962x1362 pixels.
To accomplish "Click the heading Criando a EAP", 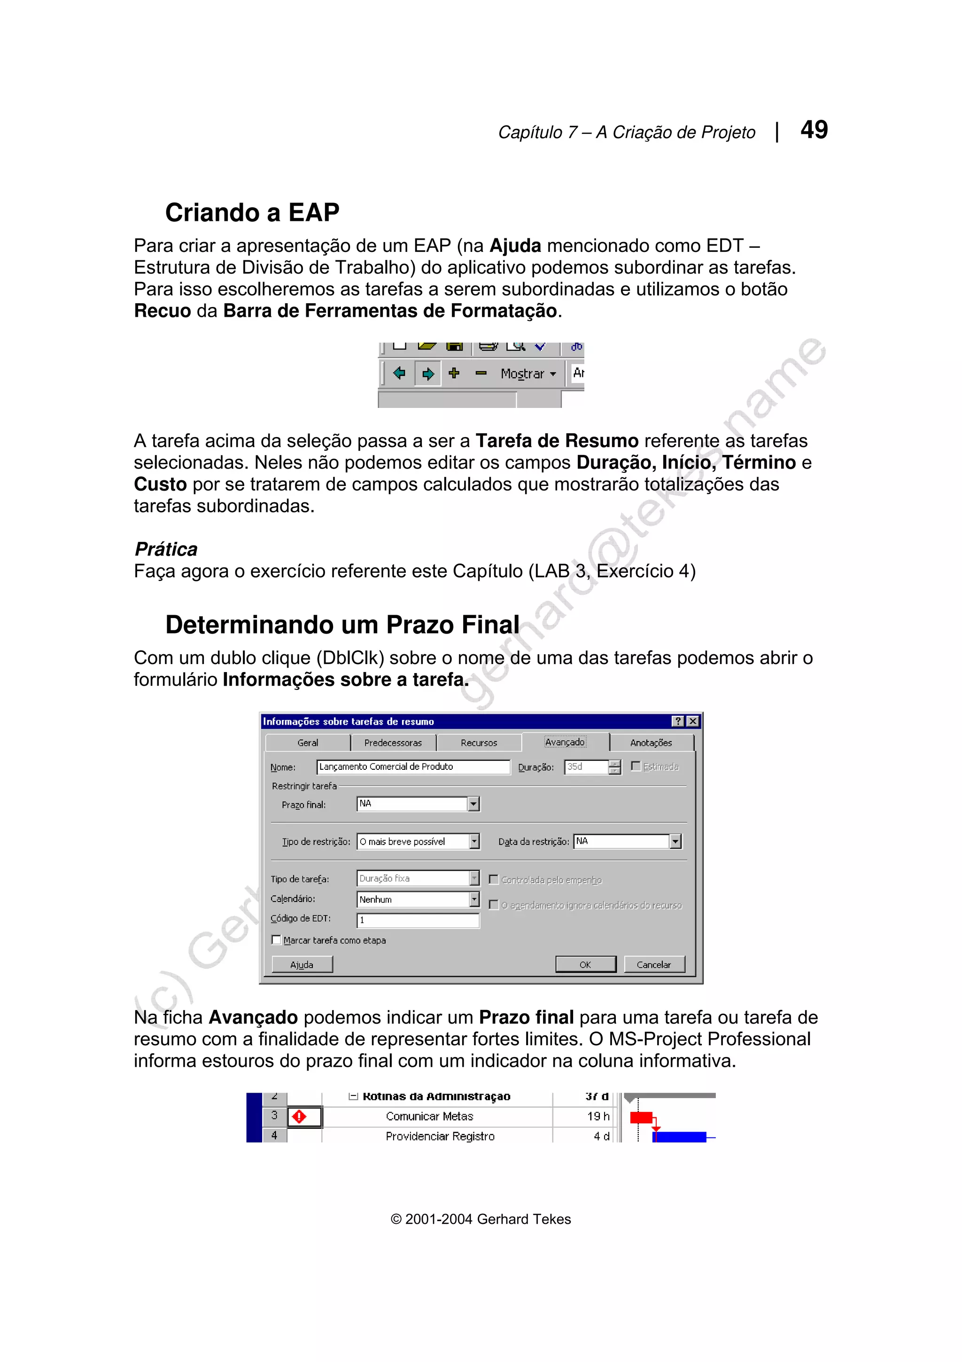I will (252, 212).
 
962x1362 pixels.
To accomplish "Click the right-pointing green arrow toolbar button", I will (427, 374).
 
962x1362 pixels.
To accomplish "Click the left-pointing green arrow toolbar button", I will (399, 373).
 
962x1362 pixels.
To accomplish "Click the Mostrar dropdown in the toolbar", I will (528, 374).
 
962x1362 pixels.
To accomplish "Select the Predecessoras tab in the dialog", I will (393, 743).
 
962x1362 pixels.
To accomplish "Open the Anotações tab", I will (651, 743).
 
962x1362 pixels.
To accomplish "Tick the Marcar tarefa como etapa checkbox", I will (276, 939).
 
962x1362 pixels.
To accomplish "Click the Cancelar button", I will (653, 964).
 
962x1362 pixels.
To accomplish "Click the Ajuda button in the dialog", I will (302, 964).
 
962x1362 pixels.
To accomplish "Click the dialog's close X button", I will (692, 721).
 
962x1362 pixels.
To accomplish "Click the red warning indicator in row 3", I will (299, 1116).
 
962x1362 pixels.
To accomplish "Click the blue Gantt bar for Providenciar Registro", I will (680, 1136).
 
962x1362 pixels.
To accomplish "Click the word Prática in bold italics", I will (166, 549).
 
